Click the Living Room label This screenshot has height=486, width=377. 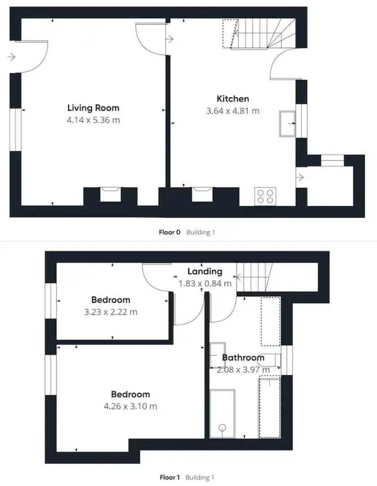(93, 108)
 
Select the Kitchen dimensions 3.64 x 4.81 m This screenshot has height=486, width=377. (232, 111)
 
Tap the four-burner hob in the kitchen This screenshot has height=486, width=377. (265, 196)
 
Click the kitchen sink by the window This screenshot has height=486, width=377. (286, 123)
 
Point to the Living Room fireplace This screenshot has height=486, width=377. (110, 195)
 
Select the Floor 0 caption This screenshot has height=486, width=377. (169, 232)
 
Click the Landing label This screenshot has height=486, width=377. (204, 271)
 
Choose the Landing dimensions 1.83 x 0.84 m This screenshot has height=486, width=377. (204, 283)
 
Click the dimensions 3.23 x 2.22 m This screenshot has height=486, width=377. (111, 312)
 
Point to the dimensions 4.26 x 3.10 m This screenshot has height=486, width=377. (130, 406)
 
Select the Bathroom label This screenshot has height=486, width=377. (243, 358)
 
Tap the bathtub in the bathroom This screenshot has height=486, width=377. (222, 414)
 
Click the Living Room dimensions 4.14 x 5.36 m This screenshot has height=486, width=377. (93, 120)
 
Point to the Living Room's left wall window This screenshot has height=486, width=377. (16, 130)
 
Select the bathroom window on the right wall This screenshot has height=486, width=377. (286, 360)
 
